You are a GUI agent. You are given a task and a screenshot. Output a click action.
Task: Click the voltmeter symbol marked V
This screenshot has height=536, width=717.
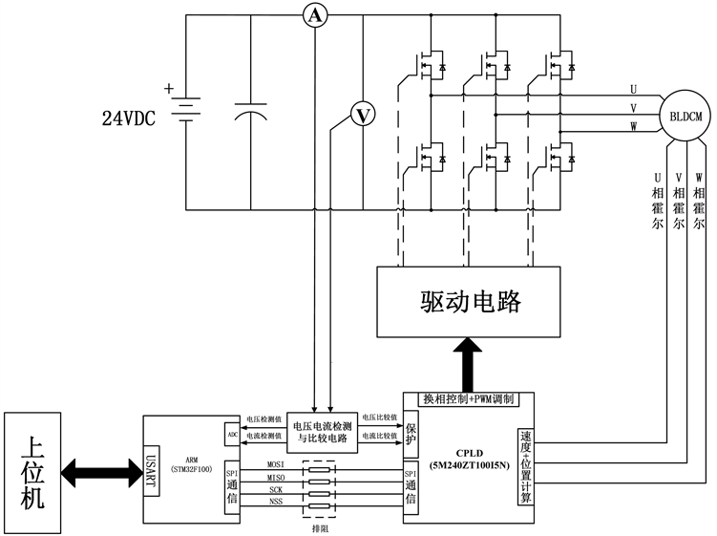[363, 115]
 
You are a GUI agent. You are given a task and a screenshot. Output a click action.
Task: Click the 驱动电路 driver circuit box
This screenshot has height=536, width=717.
[470, 302]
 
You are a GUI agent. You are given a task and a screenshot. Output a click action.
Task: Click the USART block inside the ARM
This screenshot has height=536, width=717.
[151, 469]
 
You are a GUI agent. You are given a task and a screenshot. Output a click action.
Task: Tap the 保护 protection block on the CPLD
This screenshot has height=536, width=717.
[411, 435]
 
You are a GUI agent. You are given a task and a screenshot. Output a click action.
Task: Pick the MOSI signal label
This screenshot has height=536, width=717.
[277, 464]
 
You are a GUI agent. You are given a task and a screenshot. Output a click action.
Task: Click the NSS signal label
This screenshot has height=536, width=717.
[276, 502]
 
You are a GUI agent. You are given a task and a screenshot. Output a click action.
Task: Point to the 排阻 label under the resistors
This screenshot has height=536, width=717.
[320, 525]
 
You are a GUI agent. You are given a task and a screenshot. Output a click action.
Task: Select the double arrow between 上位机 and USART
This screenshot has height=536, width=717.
[100, 469]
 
